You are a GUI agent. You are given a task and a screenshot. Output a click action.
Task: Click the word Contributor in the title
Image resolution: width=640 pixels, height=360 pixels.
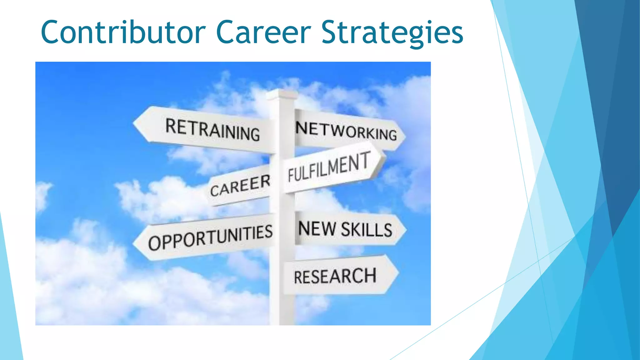[x=123, y=32]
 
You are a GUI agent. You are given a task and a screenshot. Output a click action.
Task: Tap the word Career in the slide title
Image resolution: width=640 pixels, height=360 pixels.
[x=263, y=32]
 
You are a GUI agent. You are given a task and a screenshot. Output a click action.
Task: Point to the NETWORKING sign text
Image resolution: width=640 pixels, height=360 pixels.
[x=346, y=131]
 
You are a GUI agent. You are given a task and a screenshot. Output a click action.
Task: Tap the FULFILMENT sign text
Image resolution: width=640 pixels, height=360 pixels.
[x=329, y=167]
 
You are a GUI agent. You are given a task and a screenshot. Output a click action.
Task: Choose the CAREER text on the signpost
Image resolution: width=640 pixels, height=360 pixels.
[x=240, y=186]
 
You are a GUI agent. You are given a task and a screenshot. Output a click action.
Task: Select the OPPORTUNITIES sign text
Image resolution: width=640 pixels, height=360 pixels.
[x=210, y=237]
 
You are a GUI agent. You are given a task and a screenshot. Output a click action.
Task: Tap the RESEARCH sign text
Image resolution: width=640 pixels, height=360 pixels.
[x=335, y=276]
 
